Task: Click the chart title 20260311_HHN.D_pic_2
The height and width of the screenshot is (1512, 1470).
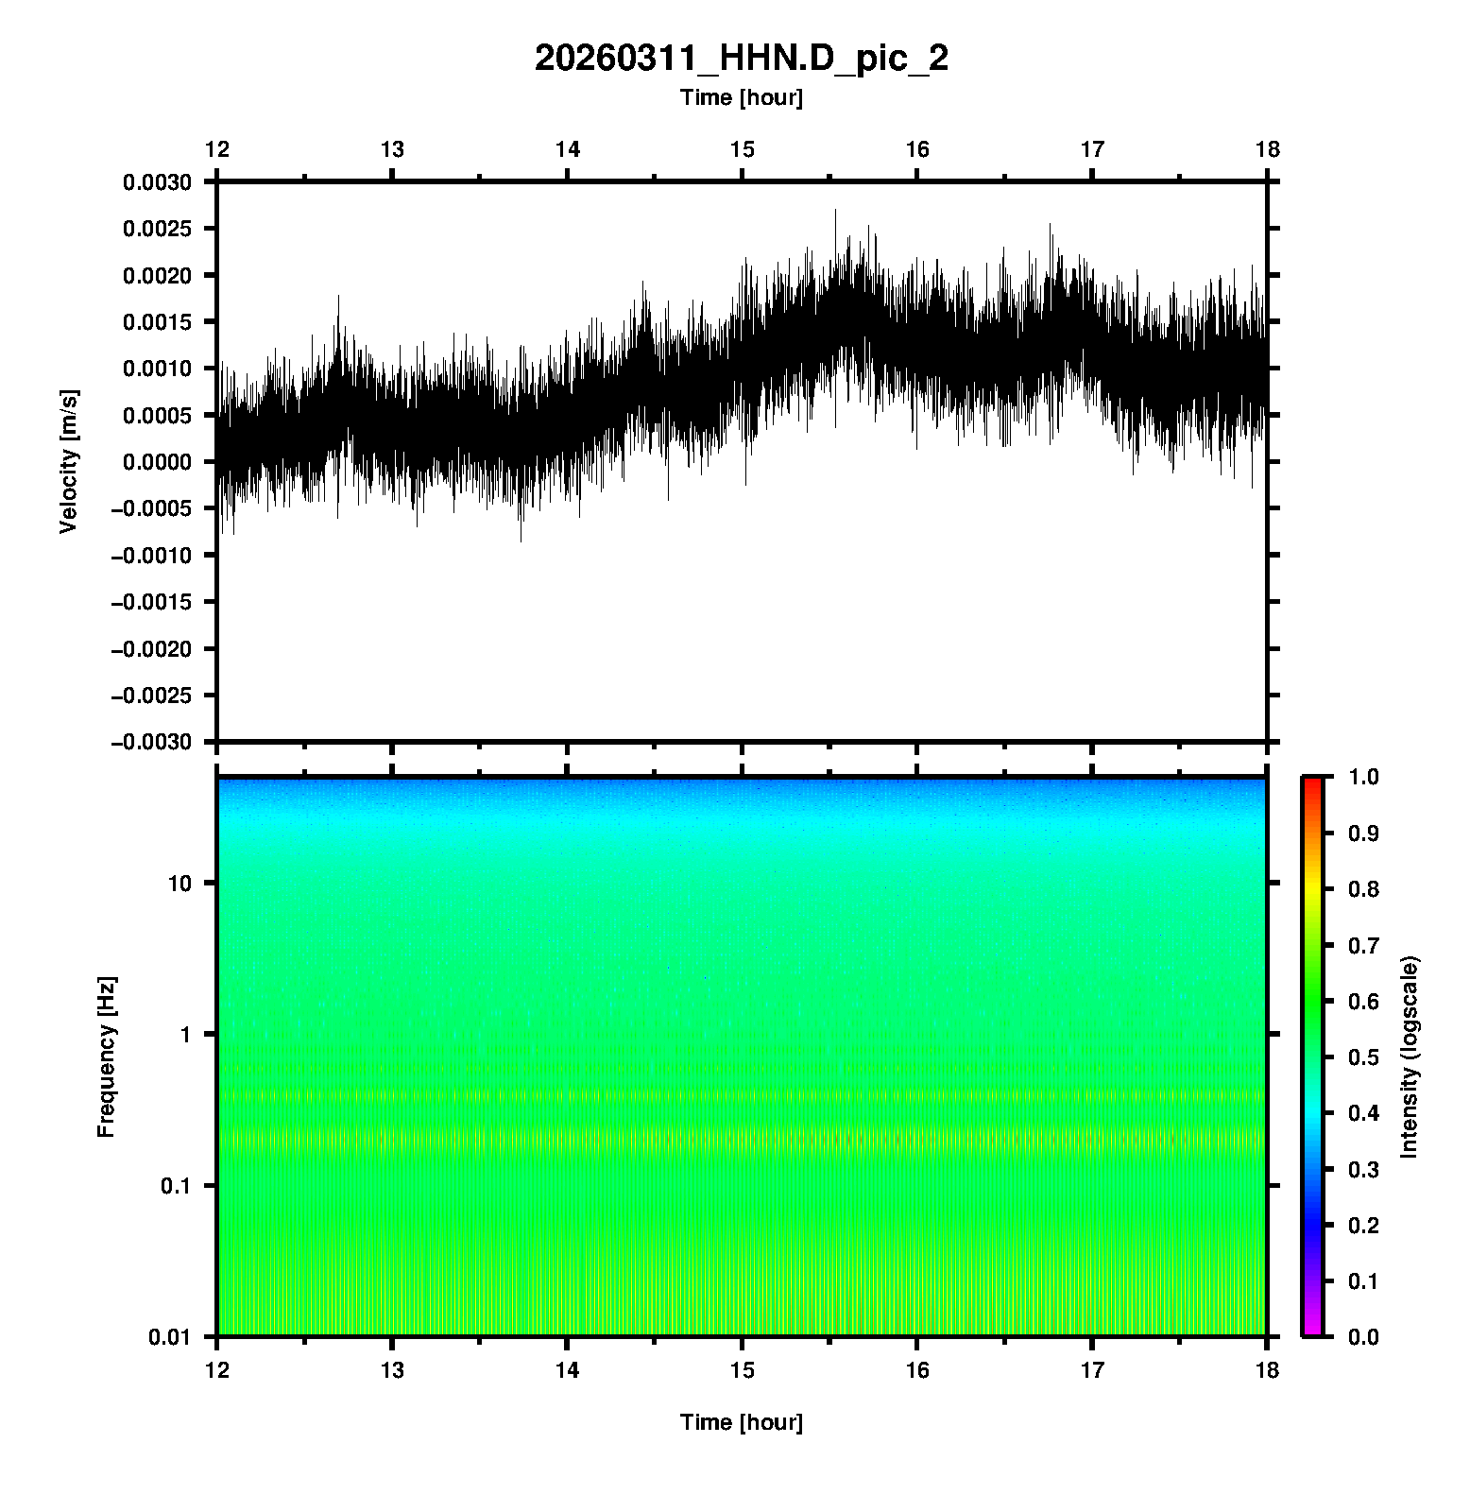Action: (x=741, y=59)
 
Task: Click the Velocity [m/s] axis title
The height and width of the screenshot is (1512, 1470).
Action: (x=68, y=461)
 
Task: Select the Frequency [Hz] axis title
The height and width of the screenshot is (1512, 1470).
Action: (x=106, y=1057)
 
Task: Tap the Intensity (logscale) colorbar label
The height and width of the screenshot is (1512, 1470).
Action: (x=1410, y=1057)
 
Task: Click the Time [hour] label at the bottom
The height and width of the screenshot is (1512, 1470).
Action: (x=741, y=1422)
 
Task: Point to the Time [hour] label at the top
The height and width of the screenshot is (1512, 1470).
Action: (x=741, y=97)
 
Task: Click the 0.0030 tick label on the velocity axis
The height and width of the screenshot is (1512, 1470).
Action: (x=156, y=182)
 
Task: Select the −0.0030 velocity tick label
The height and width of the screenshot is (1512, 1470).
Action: (x=151, y=742)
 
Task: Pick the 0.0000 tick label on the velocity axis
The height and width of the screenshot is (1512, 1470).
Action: (x=156, y=462)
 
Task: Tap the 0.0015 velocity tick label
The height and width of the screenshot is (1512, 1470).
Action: (x=156, y=322)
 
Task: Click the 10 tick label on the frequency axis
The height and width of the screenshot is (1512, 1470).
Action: (x=179, y=884)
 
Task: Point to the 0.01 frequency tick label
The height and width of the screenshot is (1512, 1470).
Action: (x=169, y=1337)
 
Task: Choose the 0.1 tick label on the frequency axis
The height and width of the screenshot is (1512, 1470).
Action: (x=174, y=1186)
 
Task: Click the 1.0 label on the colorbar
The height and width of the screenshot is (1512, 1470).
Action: (x=1365, y=777)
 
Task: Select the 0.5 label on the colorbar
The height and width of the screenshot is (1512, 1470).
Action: (x=1365, y=1057)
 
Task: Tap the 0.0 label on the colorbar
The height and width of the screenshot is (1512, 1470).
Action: (x=1365, y=1337)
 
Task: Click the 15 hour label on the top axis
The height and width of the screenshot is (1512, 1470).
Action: (x=742, y=149)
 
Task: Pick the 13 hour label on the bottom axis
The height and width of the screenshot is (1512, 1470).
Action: (x=392, y=1370)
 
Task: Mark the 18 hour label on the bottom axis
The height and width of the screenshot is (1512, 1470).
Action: (x=1267, y=1370)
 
